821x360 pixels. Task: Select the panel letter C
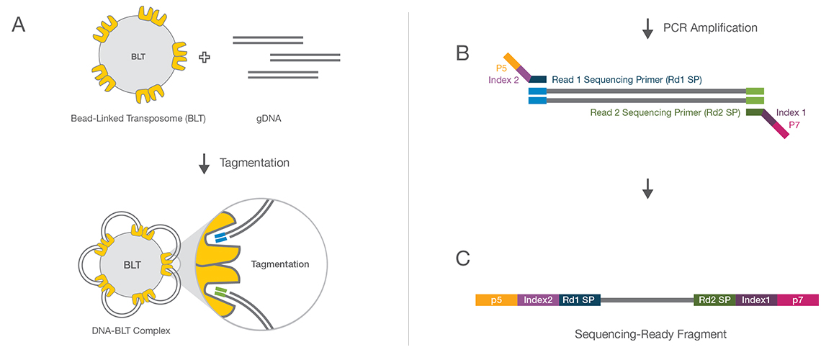(464, 258)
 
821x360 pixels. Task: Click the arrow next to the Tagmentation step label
(204, 163)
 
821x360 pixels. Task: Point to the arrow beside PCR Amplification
(647, 28)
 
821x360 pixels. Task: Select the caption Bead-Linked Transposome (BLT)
(138, 118)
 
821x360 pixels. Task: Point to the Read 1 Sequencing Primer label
(627, 79)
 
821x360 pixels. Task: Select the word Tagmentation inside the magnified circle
(280, 264)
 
